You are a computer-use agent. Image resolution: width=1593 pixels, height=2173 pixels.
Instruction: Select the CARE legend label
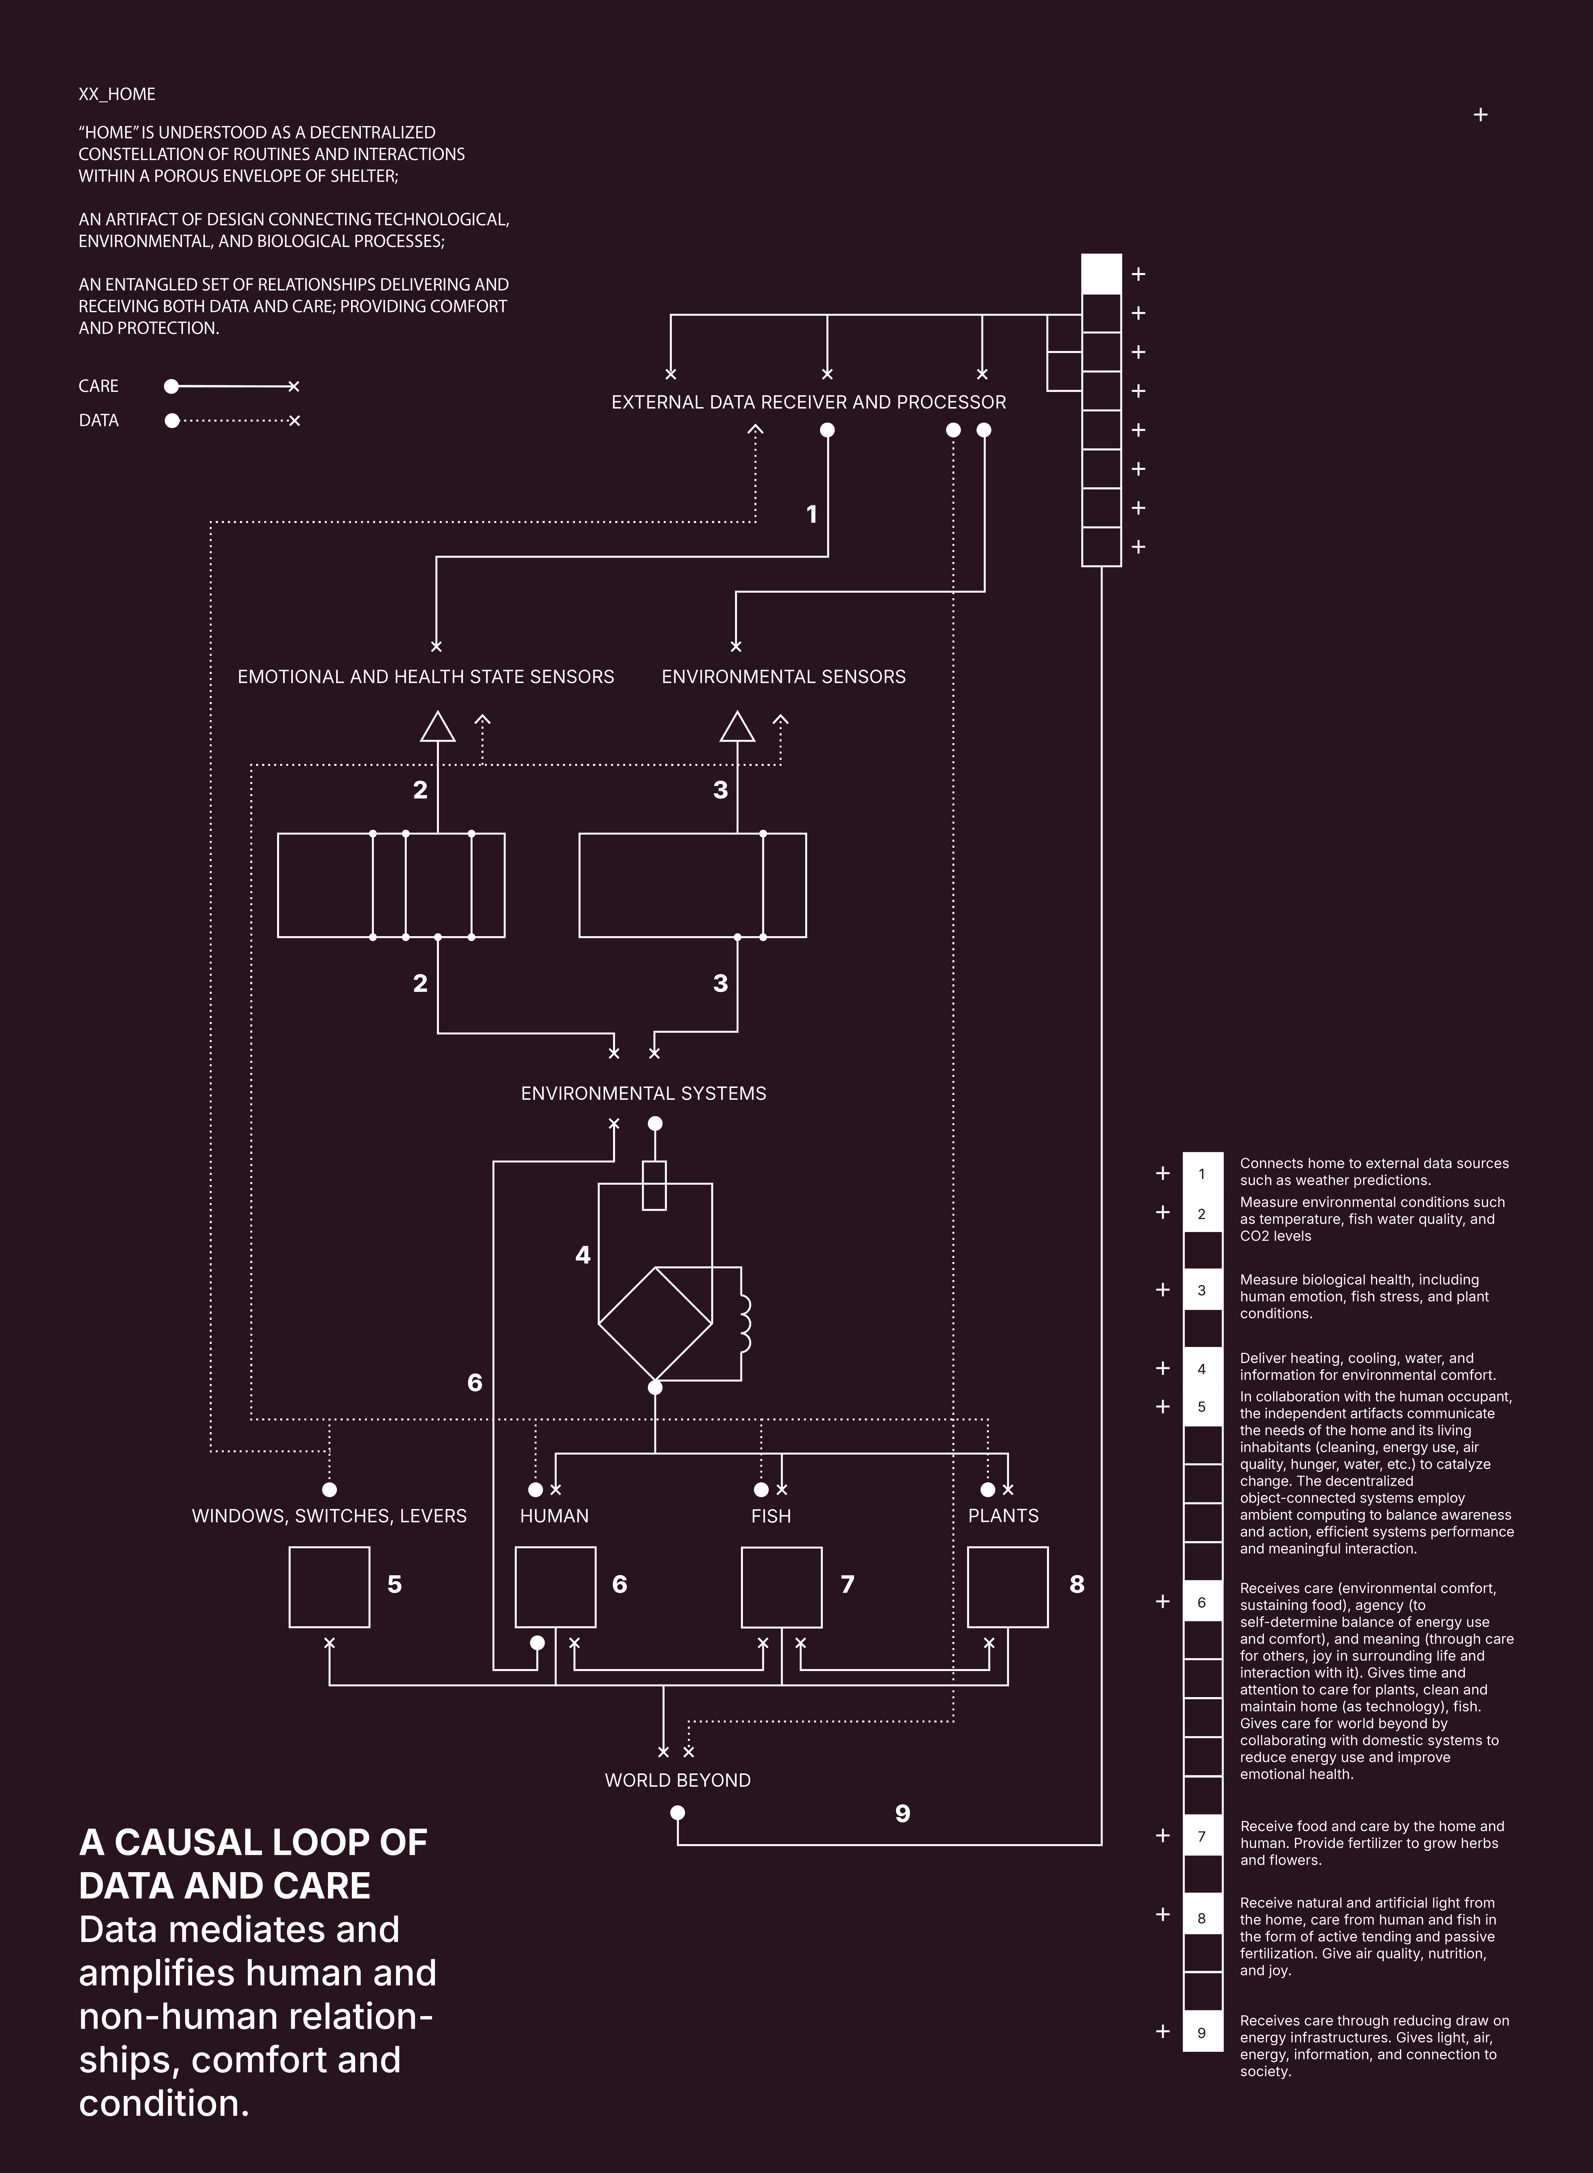pos(98,386)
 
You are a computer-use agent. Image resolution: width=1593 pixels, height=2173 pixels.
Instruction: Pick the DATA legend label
pos(98,421)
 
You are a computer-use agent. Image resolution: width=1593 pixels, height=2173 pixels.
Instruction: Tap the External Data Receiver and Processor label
pos(808,402)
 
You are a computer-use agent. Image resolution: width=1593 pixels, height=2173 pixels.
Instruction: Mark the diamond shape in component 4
pos(655,1323)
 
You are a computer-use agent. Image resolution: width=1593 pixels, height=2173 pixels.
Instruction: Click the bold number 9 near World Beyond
pos(902,1813)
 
